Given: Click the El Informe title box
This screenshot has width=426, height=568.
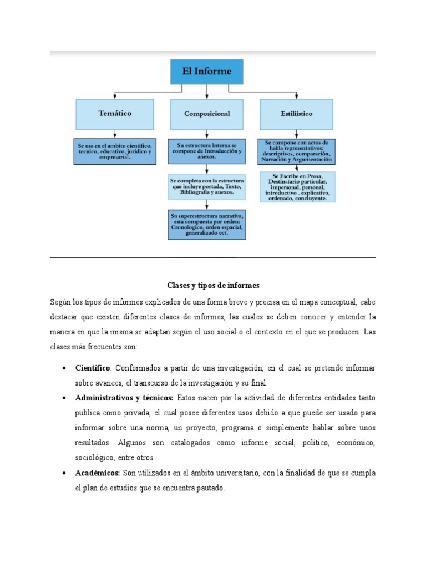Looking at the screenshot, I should tap(207, 72).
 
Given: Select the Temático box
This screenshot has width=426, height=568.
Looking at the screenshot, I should tap(115, 114).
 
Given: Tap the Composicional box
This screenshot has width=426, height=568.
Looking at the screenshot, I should tap(207, 114).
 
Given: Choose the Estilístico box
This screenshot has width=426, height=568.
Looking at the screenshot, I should tap(296, 114).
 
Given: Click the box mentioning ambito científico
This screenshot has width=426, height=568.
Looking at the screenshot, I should tap(115, 151).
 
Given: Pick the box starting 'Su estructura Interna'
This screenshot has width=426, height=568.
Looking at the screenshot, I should tap(207, 151).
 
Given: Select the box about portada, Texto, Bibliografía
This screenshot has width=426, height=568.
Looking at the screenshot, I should tap(207, 187).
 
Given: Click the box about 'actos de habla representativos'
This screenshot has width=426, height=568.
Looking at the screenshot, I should tap(296, 151).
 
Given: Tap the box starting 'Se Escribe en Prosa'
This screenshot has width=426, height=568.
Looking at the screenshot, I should tap(298, 187).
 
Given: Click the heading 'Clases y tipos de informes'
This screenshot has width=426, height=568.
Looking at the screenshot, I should tap(213, 285).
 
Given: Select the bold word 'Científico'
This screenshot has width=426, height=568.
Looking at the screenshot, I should tap(93, 368).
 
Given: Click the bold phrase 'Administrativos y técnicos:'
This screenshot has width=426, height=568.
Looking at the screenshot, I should tap(124, 398).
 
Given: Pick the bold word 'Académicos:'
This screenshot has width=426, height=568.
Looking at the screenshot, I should tap(98, 473).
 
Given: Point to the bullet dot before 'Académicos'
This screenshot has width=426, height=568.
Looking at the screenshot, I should tap(64, 474).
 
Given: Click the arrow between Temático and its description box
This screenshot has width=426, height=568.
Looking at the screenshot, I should tap(115, 133).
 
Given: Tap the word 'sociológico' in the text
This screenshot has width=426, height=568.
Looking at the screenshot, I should tap(95, 458).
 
